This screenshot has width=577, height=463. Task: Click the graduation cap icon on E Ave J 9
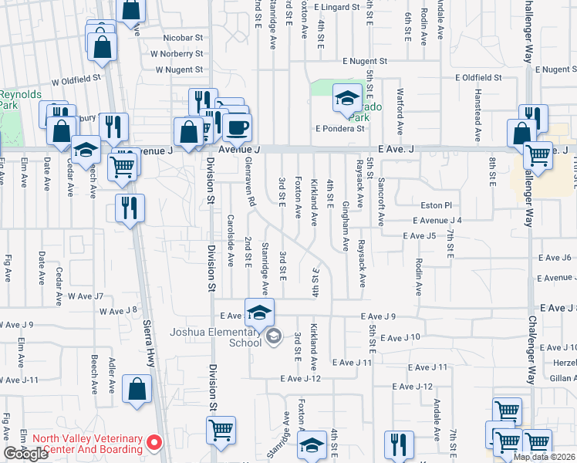[x=260, y=312]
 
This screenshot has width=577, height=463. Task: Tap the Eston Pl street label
[x=435, y=206]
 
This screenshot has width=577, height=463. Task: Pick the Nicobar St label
[x=183, y=37]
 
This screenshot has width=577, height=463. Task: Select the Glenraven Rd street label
[x=251, y=190]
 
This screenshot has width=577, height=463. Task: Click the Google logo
[x=26, y=454]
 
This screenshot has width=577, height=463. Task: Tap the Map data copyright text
[x=544, y=457]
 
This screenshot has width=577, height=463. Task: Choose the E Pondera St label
[x=339, y=129]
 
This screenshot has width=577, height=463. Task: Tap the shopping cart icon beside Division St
[x=221, y=429]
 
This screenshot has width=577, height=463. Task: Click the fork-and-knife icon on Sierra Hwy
[x=130, y=207]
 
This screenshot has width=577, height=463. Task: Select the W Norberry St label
[x=177, y=54]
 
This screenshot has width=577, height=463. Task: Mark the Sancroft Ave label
[x=381, y=202]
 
